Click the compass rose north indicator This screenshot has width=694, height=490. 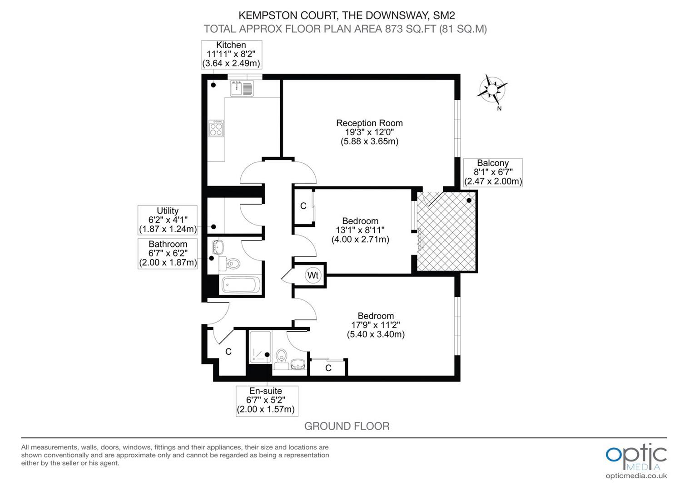492,89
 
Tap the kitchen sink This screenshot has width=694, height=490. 242,88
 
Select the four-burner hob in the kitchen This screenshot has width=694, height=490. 216,128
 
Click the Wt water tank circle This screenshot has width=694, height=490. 313,275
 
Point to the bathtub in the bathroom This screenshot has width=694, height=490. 241,285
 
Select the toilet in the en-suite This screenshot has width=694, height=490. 282,356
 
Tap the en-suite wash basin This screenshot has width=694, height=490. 298,364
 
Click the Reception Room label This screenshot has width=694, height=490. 369,123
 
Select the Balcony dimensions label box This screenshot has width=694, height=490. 493,172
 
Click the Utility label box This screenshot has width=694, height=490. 168,220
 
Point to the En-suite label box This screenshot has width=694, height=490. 267,400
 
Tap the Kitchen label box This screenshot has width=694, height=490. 231,54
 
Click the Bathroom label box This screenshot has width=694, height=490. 168,253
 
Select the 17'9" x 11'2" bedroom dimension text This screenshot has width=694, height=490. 376,325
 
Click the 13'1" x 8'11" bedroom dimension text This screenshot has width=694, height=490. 360,230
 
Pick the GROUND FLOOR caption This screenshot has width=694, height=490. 347,426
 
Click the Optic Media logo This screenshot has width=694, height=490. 636,456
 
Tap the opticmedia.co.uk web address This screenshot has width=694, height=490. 636,475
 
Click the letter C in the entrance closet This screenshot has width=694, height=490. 228,352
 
